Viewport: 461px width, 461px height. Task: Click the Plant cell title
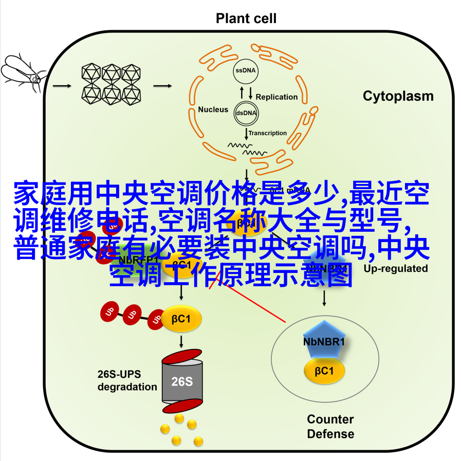[246, 19]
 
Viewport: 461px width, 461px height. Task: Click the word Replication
[276, 97]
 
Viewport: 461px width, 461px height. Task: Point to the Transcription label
[268, 133]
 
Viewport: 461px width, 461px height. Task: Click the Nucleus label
[213, 109]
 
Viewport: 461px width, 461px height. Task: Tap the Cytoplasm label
[398, 96]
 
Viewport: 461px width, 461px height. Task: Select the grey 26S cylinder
[181, 381]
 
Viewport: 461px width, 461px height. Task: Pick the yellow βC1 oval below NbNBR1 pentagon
[324, 372]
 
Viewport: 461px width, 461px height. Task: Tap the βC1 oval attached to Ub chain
[182, 319]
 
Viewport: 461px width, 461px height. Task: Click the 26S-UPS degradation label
[127, 380]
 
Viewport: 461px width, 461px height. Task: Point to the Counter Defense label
[330, 427]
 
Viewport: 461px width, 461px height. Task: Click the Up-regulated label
[396, 268]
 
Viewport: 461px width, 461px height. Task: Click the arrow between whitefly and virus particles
[62, 85]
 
